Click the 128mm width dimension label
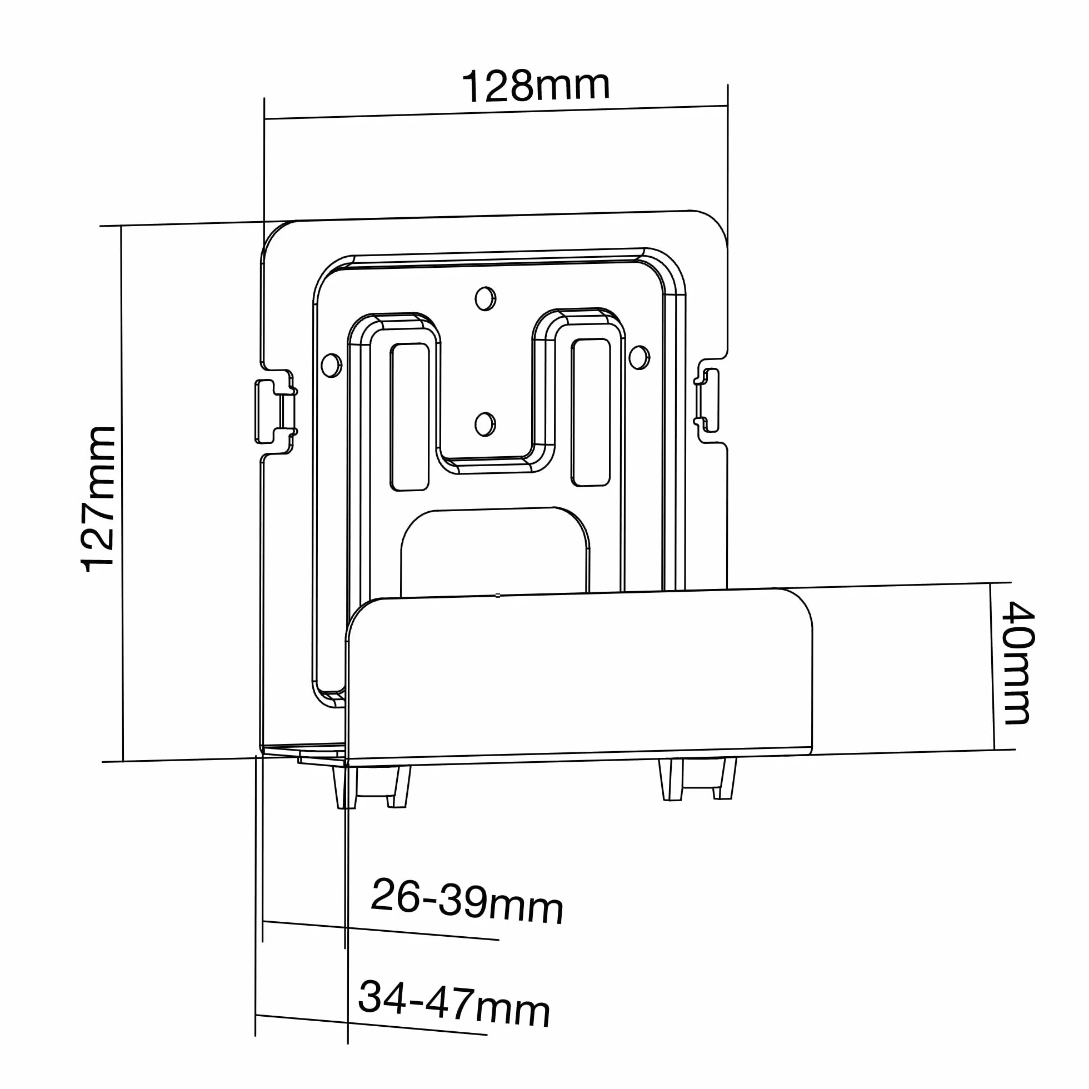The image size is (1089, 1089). point(536,86)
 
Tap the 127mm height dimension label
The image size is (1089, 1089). point(99,499)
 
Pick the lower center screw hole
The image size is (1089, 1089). point(484,424)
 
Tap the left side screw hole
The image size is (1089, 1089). point(331,365)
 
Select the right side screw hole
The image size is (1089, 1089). point(639,357)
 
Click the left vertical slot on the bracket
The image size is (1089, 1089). point(410,417)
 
